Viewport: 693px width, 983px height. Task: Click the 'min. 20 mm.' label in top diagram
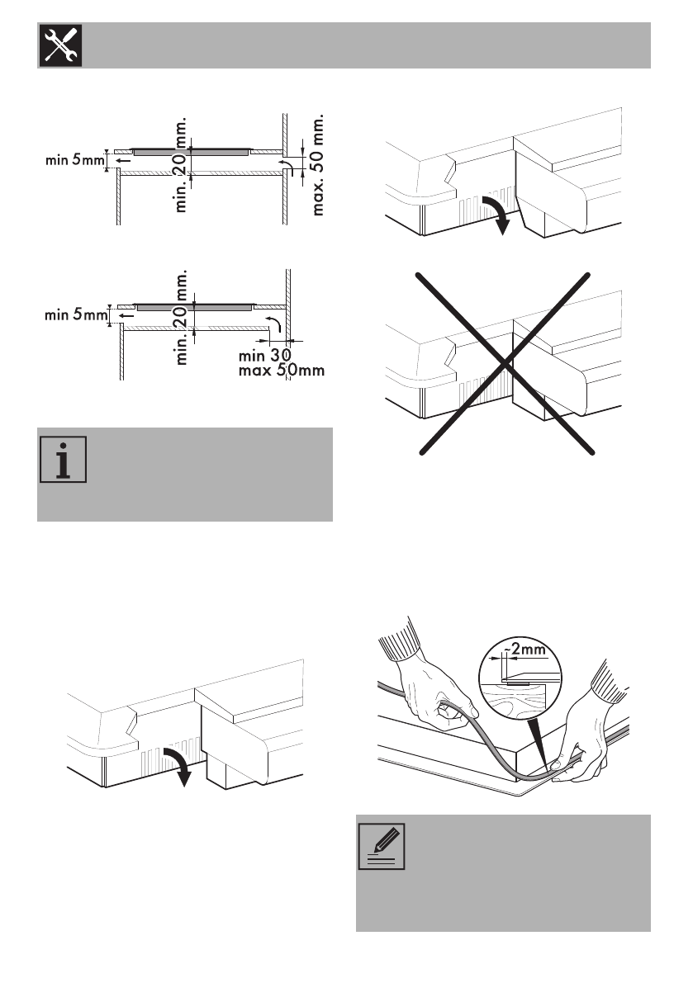click(183, 165)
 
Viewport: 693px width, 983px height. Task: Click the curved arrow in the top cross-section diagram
click(287, 168)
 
